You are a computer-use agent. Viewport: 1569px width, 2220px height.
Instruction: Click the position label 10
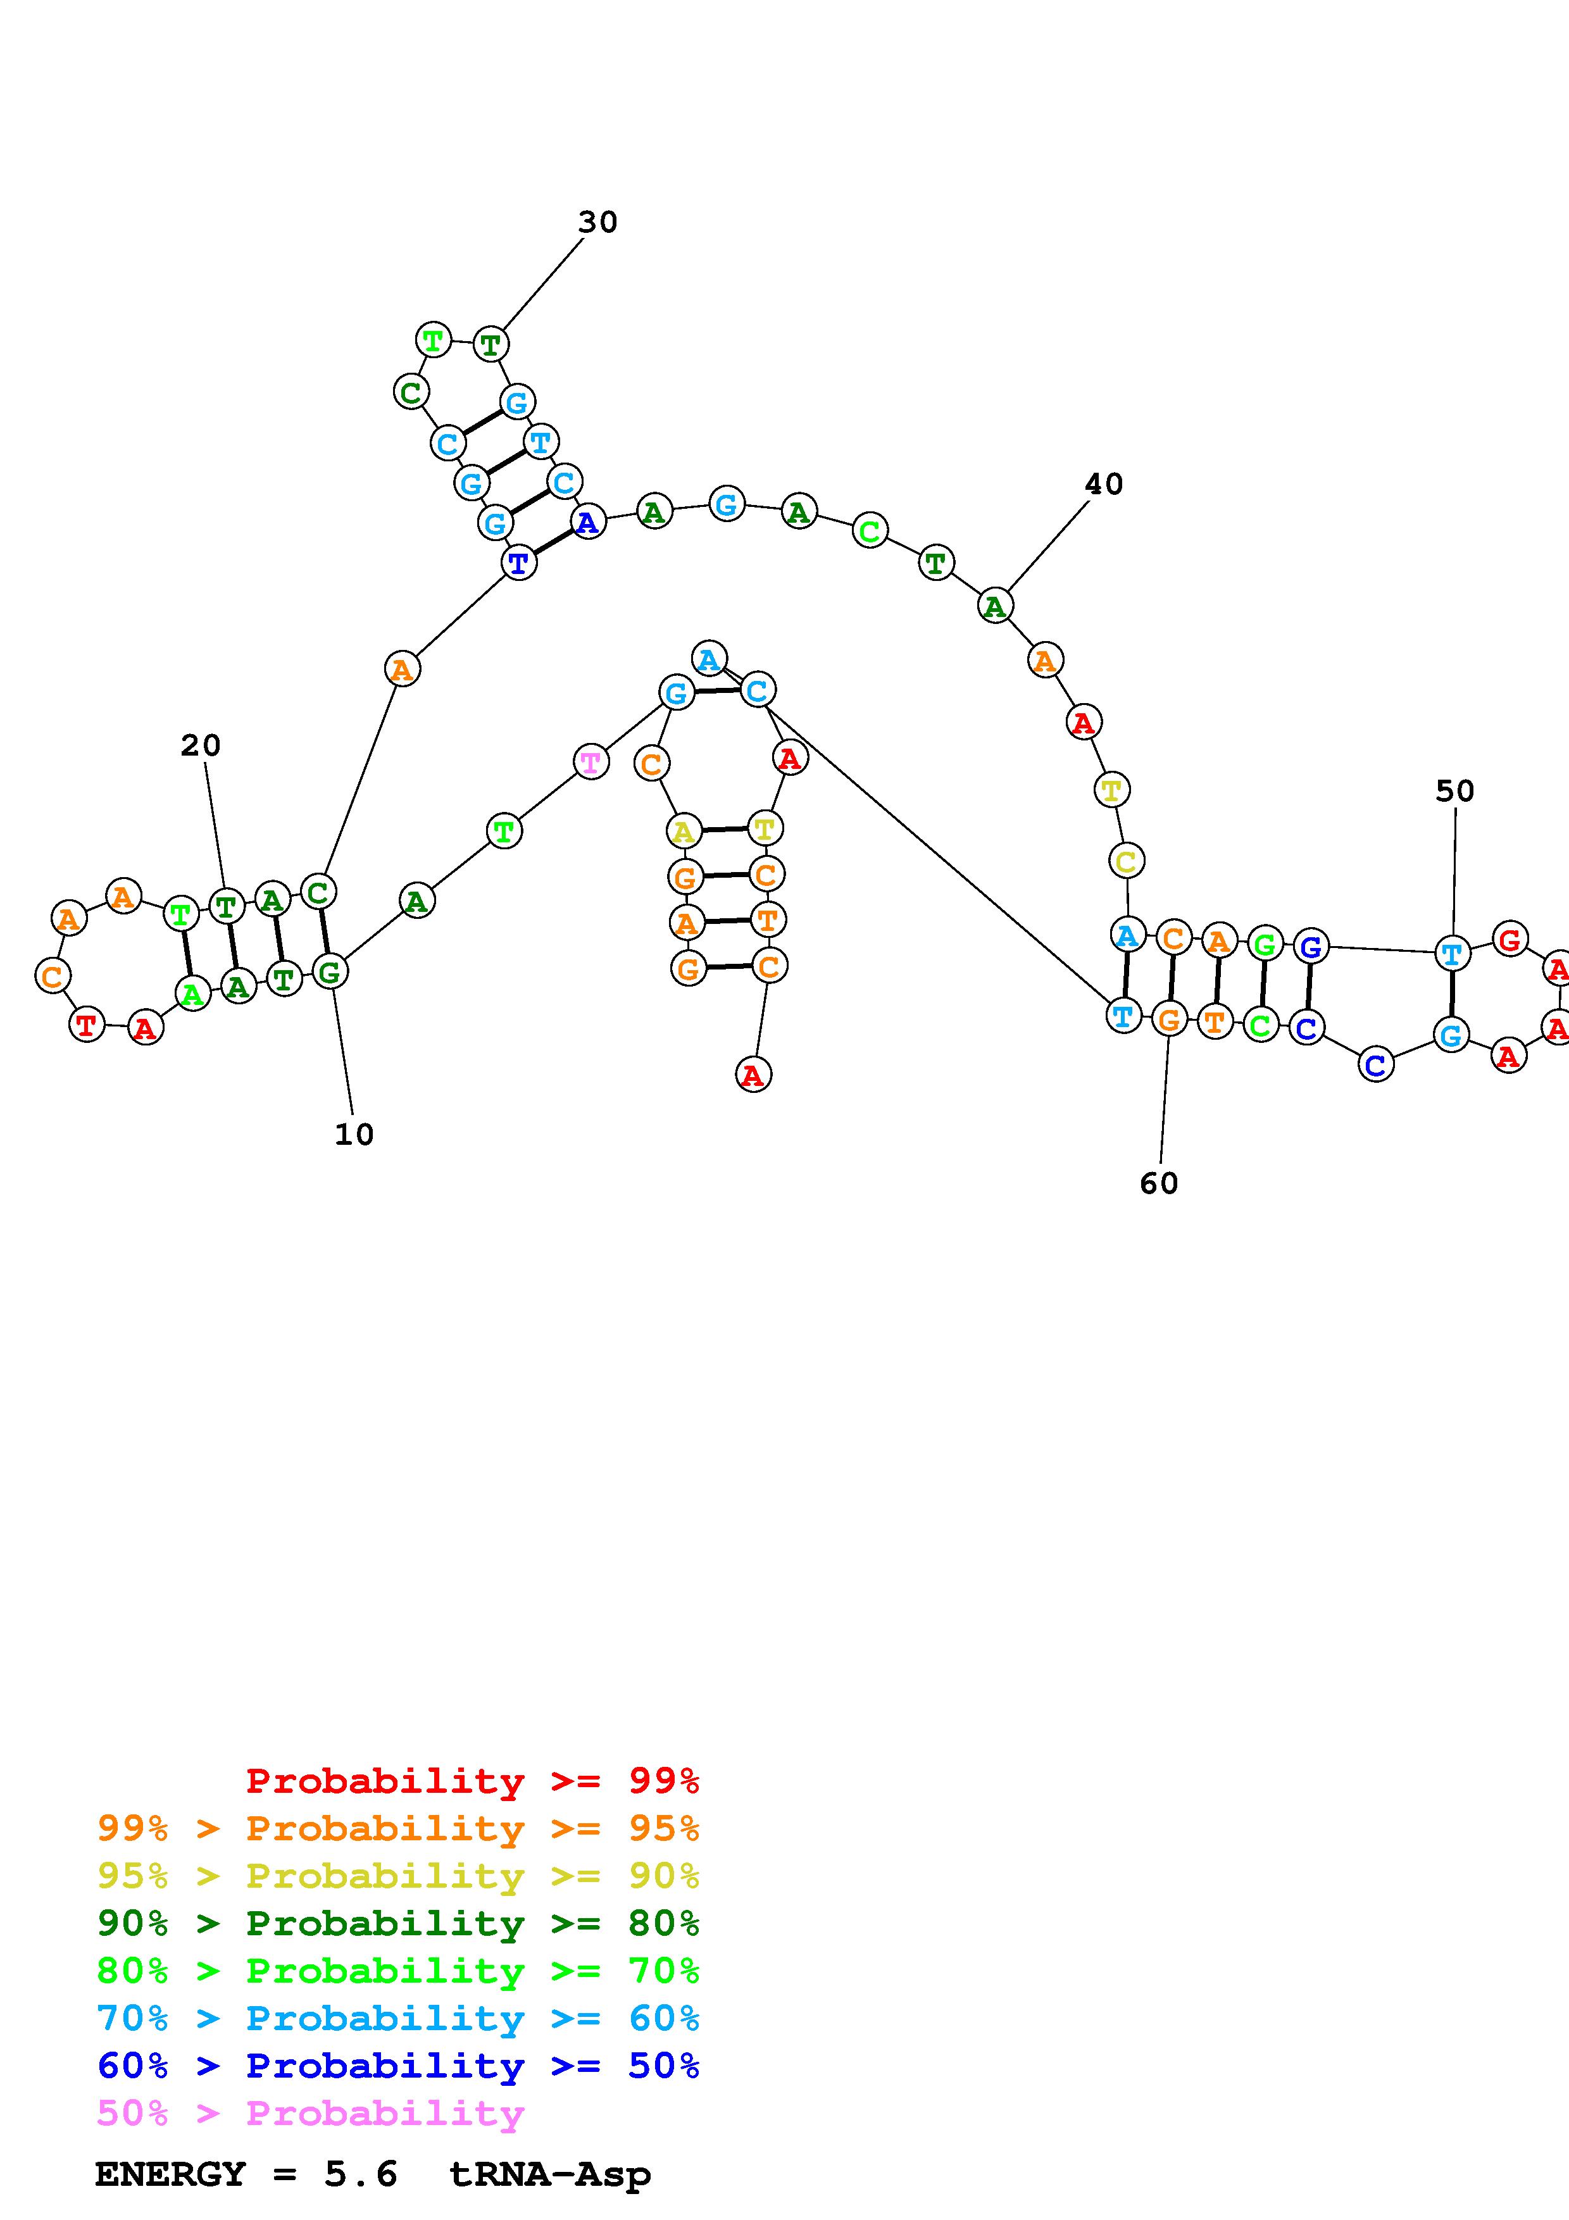354,1134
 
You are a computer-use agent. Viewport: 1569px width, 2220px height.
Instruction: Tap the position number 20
201,745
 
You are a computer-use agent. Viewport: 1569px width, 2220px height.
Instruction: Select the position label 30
597,222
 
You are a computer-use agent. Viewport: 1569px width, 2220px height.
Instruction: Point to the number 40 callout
1104,484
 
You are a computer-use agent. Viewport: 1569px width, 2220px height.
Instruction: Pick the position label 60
1159,1183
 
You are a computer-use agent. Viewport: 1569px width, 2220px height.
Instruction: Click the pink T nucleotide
591,762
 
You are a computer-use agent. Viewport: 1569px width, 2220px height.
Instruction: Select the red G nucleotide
1509,939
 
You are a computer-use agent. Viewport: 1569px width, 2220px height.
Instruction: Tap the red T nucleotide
87,1024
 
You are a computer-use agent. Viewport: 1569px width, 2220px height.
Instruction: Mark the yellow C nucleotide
1126,861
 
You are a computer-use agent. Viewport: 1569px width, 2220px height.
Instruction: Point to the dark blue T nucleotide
519,562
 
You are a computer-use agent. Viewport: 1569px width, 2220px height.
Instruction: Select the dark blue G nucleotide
1310,947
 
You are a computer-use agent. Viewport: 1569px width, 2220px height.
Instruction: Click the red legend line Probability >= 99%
472,1781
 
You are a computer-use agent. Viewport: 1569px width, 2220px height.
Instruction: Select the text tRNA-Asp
550,2174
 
